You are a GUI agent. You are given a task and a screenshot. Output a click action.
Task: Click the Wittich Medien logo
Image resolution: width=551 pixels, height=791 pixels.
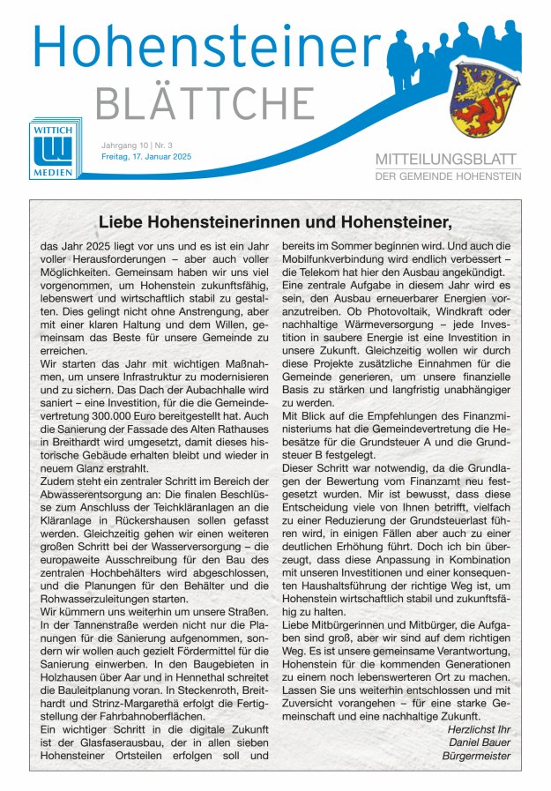coord(53,149)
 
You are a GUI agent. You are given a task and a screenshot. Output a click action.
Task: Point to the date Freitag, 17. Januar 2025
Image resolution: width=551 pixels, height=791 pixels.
coord(145,157)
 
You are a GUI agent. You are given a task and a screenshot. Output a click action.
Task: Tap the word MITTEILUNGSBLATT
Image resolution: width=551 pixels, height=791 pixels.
coord(448,160)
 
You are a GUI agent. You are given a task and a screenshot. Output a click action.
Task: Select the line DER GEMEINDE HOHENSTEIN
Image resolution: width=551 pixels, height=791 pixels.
coord(448,176)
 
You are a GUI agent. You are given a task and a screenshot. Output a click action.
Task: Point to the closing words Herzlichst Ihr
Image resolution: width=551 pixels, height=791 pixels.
coord(479,729)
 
